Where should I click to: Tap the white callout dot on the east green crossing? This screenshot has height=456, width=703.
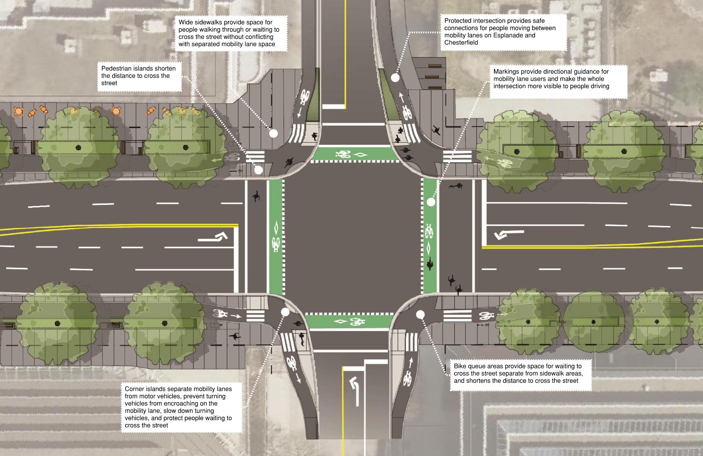[431, 202]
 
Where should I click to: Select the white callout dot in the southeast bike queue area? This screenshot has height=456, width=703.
[420, 315]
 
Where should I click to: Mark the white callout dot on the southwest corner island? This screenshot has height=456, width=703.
[285, 312]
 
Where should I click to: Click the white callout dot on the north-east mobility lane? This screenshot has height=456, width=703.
[395, 78]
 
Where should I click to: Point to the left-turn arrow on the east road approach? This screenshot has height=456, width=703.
[509, 234]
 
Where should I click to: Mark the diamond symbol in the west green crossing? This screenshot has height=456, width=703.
[276, 228]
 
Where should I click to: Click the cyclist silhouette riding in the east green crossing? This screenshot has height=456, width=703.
[430, 265]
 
